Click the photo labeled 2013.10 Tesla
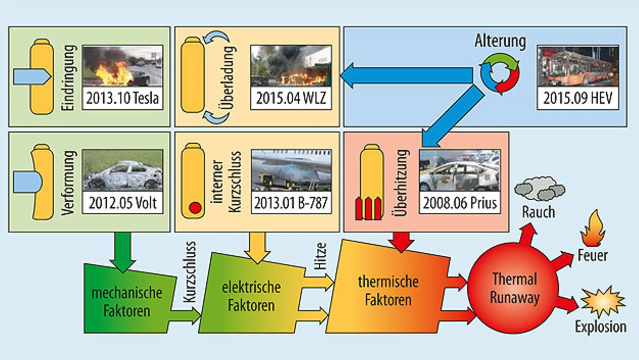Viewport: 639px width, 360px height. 122,66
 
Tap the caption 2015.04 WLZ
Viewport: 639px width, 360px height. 291,99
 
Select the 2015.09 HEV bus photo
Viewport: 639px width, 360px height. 578,66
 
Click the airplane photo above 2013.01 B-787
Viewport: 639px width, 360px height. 291,170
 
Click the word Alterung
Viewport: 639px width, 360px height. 501,41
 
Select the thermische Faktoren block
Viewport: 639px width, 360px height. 388,290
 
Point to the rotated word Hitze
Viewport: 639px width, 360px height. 320,258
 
